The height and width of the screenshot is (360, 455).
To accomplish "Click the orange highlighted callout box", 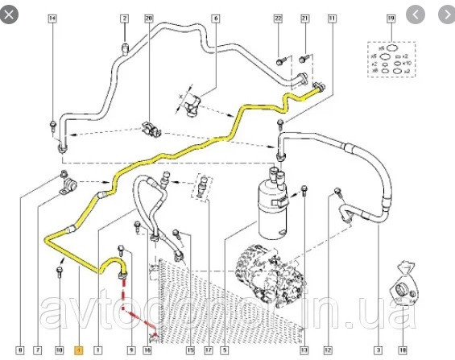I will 78,350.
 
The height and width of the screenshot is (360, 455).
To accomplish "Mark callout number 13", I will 304,350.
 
